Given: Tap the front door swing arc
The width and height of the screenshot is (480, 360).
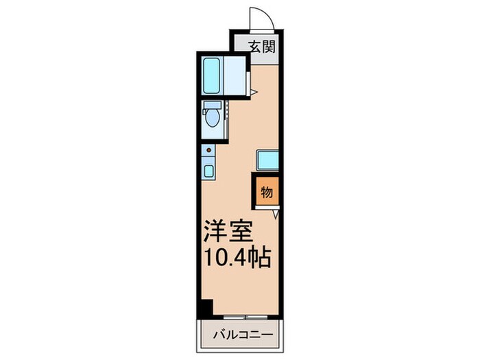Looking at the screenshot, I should pos(261,16).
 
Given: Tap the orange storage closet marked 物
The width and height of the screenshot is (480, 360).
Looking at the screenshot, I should pos(267,191).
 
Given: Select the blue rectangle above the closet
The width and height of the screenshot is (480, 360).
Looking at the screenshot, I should pos(267,160).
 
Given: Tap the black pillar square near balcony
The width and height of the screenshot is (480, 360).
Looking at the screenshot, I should pos(205,309).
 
